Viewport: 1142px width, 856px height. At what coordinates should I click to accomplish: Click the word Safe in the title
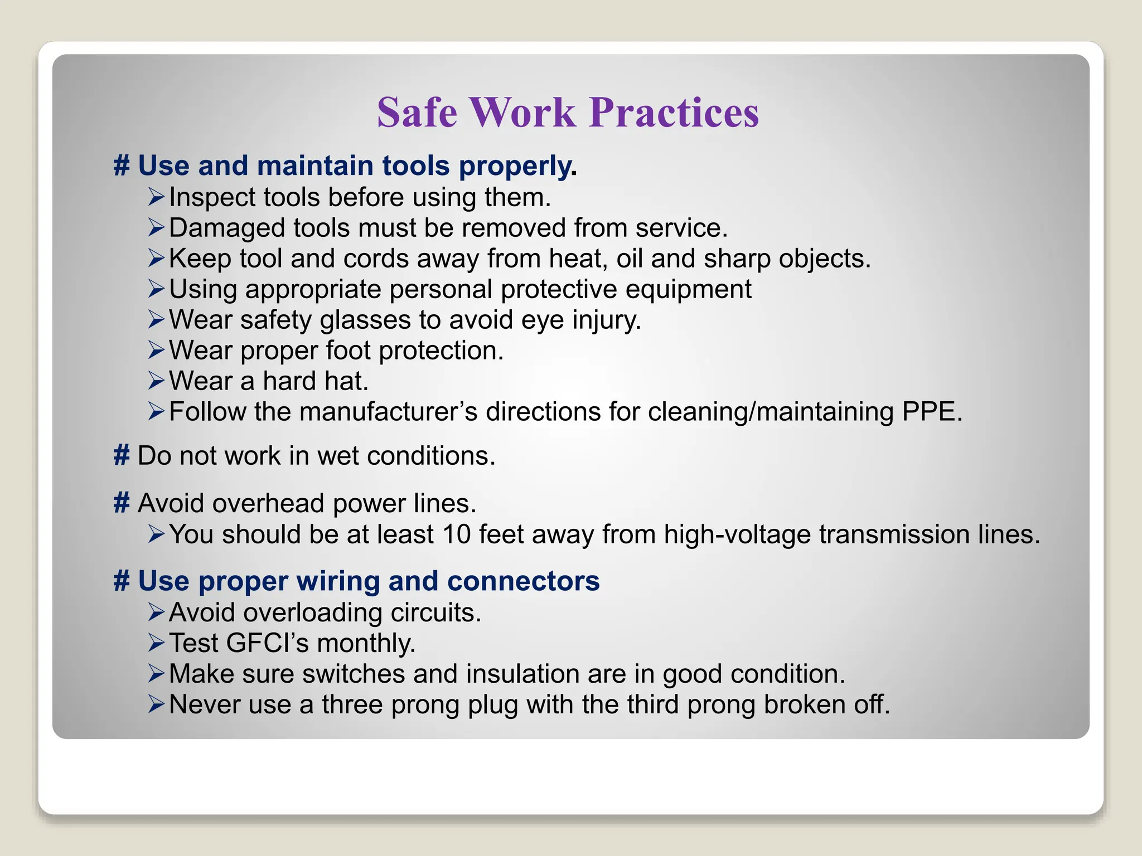pos(417,113)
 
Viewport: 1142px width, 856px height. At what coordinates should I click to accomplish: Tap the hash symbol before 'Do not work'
pos(122,456)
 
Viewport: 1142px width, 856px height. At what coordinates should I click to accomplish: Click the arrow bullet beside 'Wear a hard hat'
pos(156,381)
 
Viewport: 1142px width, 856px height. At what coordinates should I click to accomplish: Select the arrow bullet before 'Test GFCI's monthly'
pos(156,643)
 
